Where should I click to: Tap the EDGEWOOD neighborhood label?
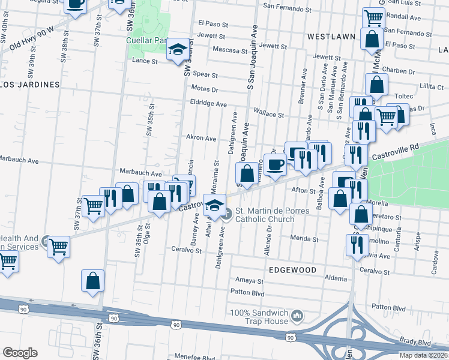tap(293, 271)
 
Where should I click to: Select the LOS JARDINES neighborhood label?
tap(29, 85)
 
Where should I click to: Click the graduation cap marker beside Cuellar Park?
tap(178, 50)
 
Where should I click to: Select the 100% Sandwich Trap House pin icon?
tap(297, 315)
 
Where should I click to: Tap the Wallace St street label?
tap(268, 113)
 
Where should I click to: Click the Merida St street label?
tap(304, 239)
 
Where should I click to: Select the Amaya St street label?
tap(249, 280)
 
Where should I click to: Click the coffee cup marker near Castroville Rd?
tap(275, 164)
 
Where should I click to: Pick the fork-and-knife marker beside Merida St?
tap(357, 244)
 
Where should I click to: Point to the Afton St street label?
tap(303, 191)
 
